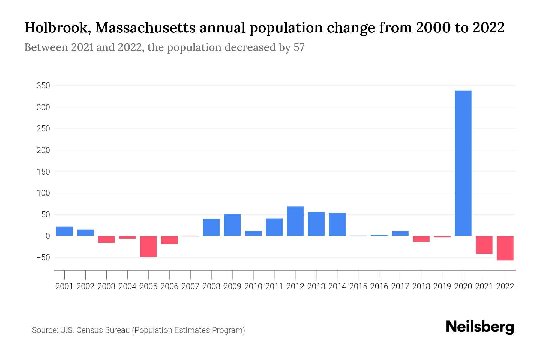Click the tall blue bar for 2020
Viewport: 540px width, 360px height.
[x=463, y=163]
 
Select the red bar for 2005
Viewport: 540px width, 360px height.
[x=148, y=246]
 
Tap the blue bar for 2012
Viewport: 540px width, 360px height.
[x=295, y=221]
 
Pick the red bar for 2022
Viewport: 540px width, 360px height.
[x=505, y=248]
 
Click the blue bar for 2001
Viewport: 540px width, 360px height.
[x=64, y=231]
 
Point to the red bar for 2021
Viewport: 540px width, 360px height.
[x=484, y=245]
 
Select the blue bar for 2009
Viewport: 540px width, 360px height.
[x=232, y=225]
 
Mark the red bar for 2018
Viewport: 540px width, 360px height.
[x=421, y=239]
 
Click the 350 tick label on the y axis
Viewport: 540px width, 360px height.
[x=43, y=86]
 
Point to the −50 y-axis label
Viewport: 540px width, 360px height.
[x=43, y=258]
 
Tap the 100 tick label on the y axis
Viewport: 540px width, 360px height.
[x=43, y=193]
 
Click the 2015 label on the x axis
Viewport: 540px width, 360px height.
[x=358, y=286]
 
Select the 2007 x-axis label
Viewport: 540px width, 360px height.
[x=190, y=286]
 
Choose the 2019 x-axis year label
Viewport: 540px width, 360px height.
[x=442, y=286]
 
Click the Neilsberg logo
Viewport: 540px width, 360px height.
[x=480, y=327]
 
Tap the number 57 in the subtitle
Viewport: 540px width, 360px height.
[x=299, y=47]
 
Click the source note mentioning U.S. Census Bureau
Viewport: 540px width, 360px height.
[x=138, y=330]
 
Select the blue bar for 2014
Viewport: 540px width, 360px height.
[x=337, y=224]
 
